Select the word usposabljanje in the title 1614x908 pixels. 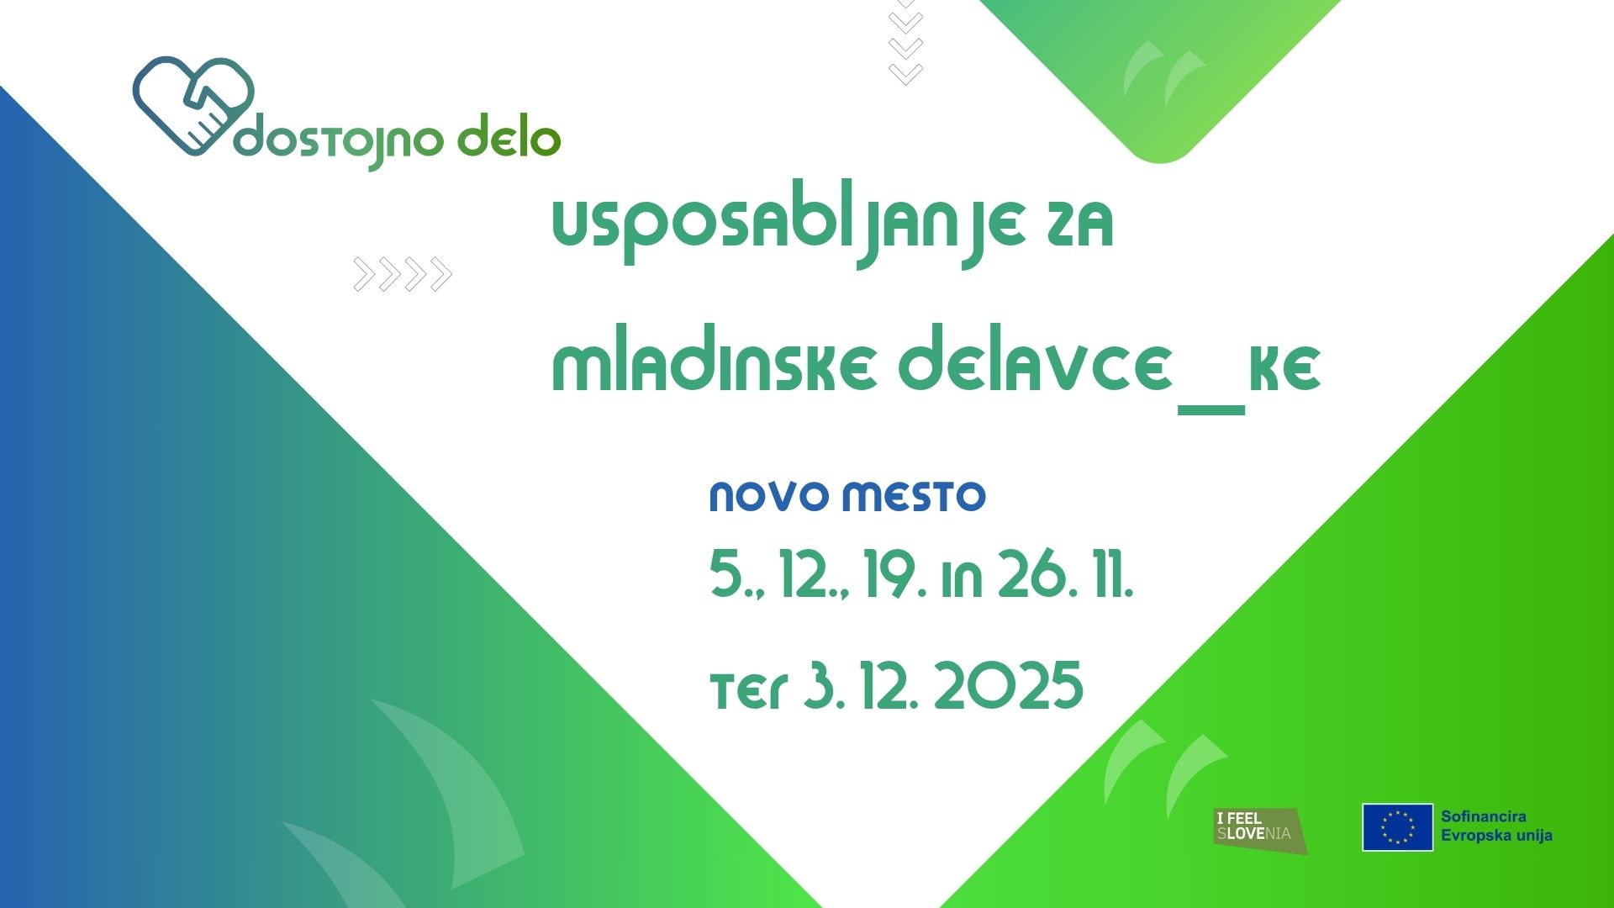point(789,229)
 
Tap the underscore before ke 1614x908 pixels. point(1211,409)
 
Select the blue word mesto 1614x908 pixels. point(915,496)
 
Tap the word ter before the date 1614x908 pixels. point(749,691)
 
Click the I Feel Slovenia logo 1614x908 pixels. point(1260,831)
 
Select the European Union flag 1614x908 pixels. point(1397,827)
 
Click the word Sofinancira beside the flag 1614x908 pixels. point(1484,816)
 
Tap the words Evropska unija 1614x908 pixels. point(1497,836)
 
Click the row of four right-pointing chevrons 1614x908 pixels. point(403,274)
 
